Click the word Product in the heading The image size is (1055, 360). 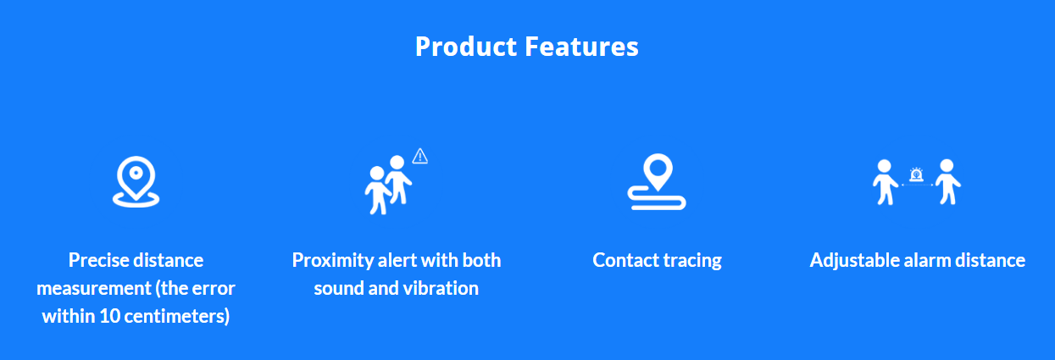[466, 47]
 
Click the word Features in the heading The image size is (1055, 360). [581, 47]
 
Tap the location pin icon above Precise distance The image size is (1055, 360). [136, 181]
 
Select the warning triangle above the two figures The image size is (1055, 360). [420, 156]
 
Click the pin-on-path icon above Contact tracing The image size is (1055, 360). [657, 181]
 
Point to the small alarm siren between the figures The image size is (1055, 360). [916, 174]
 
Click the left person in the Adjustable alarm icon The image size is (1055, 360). [885, 182]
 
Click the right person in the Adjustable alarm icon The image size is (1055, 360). [947, 182]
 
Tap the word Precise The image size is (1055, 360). [99, 260]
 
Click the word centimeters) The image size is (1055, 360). [176, 316]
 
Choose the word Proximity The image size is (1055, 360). [332, 261]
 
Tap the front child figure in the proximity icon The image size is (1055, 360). [377, 190]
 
